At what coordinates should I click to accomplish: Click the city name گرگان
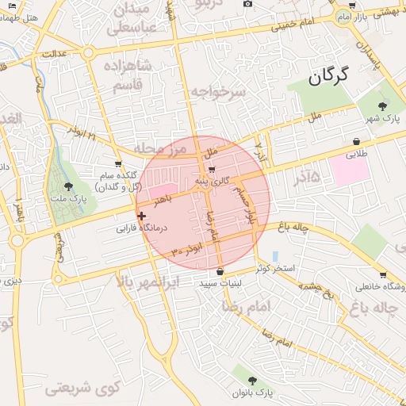pyautogui.click(x=327, y=78)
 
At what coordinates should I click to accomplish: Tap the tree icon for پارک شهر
pyautogui.click(x=384, y=105)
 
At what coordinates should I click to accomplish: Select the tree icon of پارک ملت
pyautogui.click(x=69, y=186)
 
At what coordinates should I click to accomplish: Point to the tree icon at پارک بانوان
pyautogui.click(x=252, y=380)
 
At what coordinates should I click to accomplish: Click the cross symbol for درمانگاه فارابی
pyautogui.click(x=141, y=216)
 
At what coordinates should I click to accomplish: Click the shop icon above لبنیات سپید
pyautogui.click(x=220, y=272)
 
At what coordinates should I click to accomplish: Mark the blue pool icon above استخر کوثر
pyautogui.click(x=275, y=256)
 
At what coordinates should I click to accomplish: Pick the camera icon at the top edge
pyautogui.click(x=248, y=4)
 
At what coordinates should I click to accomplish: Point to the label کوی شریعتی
pyautogui.click(x=78, y=388)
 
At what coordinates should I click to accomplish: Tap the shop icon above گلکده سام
pyautogui.click(x=118, y=164)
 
